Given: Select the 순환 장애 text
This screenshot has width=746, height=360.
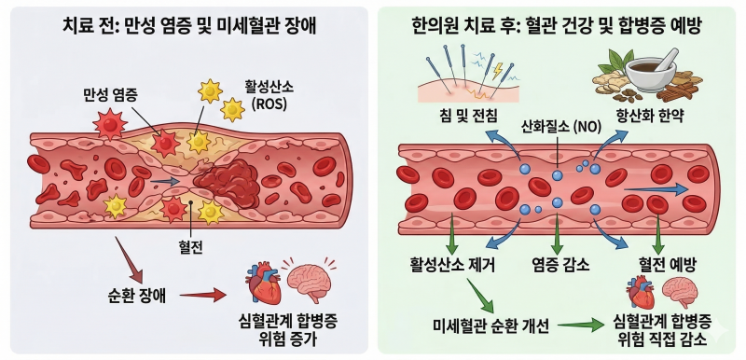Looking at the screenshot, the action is point(137,296).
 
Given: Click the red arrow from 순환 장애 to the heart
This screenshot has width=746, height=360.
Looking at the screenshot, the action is point(202,296).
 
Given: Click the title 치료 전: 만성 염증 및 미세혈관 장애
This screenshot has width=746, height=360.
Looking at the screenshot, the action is point(189,27).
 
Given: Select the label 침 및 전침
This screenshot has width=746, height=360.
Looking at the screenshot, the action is point(469,116).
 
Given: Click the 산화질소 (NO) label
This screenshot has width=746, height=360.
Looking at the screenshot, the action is point(561,127).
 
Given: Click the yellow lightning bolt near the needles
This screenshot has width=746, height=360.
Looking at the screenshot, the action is point(498,71).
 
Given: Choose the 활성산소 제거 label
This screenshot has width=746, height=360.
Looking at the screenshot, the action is point(452,265).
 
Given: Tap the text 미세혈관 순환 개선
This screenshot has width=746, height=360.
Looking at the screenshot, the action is point(491,325).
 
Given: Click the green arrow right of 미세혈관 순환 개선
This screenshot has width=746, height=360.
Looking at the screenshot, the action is point(581,325).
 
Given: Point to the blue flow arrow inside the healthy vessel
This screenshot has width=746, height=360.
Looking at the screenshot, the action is point(656,189).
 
